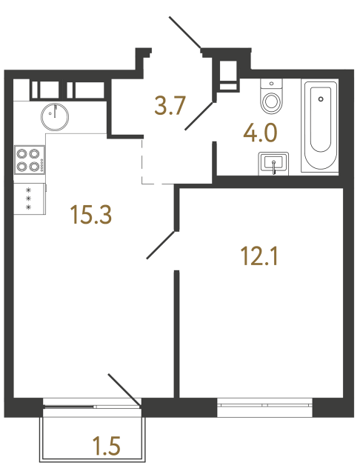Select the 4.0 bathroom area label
(x=260, y=133)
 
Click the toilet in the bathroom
(x=272, y=97)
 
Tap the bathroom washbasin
(x=274, y=163)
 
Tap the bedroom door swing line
(x=161, y=244)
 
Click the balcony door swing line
(x=124, y=390)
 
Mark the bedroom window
(x=264, y=404)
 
